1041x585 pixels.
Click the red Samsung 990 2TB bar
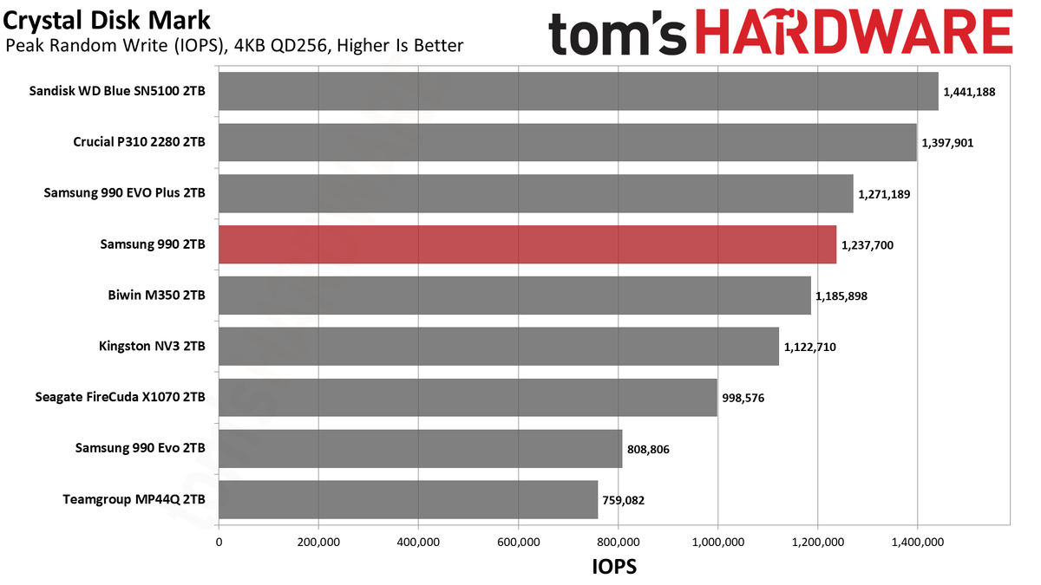click(527, 244)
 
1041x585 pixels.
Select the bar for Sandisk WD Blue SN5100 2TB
click(579, 91)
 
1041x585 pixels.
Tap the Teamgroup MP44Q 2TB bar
click(408, 499)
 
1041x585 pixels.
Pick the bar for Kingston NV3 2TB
click(499, 347)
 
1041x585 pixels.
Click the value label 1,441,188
click(969, 92)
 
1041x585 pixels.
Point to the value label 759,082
click(623, 501)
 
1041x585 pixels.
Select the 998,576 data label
click(743, 399)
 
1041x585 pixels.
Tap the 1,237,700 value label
click(867, 245)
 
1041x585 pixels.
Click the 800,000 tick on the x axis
click(618, 542)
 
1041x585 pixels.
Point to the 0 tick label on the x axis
click(219, 542)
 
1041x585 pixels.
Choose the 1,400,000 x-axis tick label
click(918, 542)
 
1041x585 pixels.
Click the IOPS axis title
click(614, 567)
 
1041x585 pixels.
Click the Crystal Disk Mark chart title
click(107, 22)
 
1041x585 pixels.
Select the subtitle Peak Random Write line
click(234, 46)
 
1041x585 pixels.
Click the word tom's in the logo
click(617, 33)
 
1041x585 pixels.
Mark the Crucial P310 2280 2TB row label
click(139, 142)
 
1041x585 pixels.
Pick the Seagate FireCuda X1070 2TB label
click(120, 398)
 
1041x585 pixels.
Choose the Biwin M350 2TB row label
click(157, 296)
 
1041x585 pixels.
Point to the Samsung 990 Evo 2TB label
click(141, 448)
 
